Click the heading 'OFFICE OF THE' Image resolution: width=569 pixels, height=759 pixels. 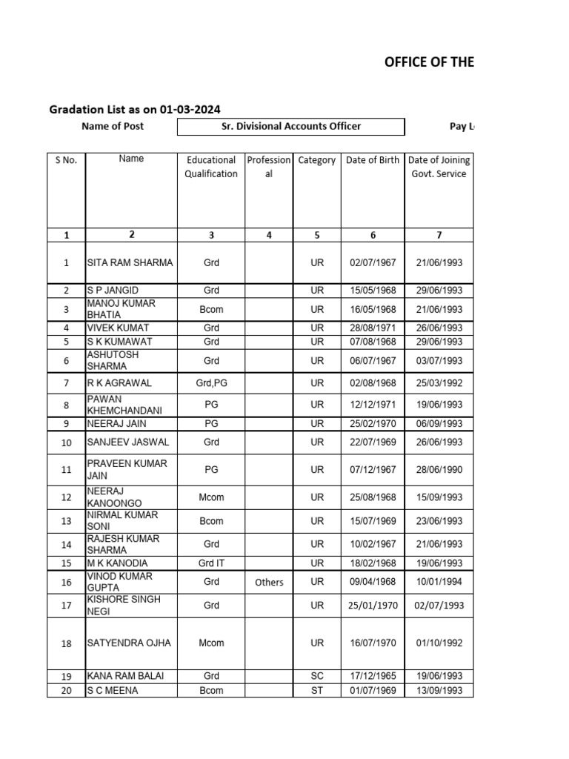[429, 62]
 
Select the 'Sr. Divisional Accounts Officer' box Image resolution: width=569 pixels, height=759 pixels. [291, 126]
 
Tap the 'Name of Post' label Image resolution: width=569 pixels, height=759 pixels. [113, 126]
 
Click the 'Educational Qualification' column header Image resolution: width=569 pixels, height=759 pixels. [211, 167]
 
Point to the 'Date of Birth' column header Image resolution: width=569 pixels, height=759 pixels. [373, 160]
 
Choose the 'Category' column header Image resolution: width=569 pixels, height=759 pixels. [317, 160]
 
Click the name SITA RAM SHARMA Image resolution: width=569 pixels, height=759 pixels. [130, 262]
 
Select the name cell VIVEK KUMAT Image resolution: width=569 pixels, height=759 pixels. [119, 328]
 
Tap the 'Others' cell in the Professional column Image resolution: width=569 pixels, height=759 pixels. [269, 583]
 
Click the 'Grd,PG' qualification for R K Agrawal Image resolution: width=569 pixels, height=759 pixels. [211, 383]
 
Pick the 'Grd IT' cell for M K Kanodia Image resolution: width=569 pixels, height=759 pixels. [211, 563]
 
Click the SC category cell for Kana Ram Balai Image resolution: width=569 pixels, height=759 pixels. [317, 676]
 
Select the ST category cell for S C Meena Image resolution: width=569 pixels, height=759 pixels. [317, 691]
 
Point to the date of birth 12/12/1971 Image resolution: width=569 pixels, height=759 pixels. [373, 405]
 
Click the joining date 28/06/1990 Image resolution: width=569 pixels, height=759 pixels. [439, 470]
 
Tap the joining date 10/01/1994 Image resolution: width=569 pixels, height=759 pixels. [439, 583]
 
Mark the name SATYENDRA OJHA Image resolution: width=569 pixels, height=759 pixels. [129, 643]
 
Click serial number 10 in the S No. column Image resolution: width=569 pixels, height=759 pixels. [67, 443]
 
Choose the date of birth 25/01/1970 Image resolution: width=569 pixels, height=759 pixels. [373, 606]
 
